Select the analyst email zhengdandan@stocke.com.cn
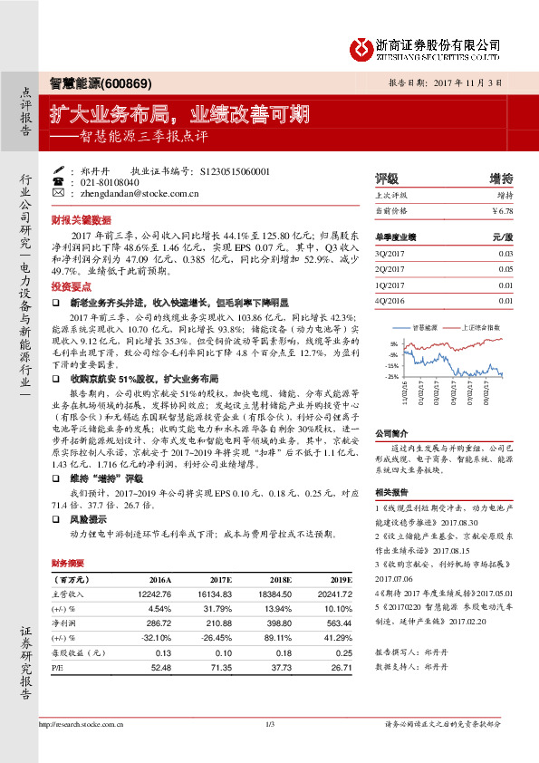coord(140,193)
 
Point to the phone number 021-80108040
coord(107,182)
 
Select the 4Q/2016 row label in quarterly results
coord(390,301)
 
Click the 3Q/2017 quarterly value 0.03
coord(505,255)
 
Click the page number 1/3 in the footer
coord(269,723)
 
